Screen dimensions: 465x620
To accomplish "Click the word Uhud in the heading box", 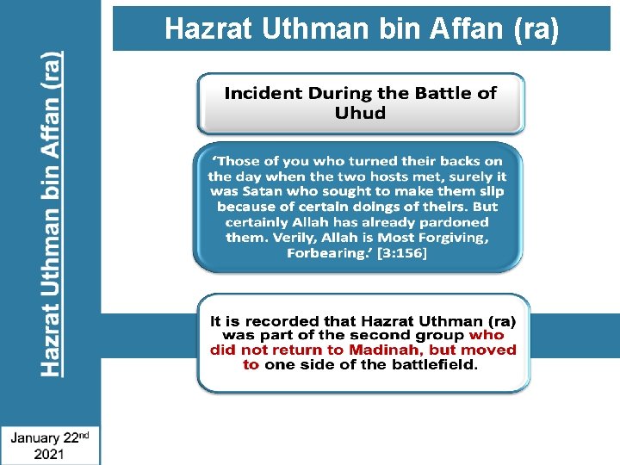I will coord(361,113).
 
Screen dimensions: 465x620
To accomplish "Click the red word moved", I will coord(493,350).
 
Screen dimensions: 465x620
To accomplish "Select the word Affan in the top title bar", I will coord(465,29).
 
